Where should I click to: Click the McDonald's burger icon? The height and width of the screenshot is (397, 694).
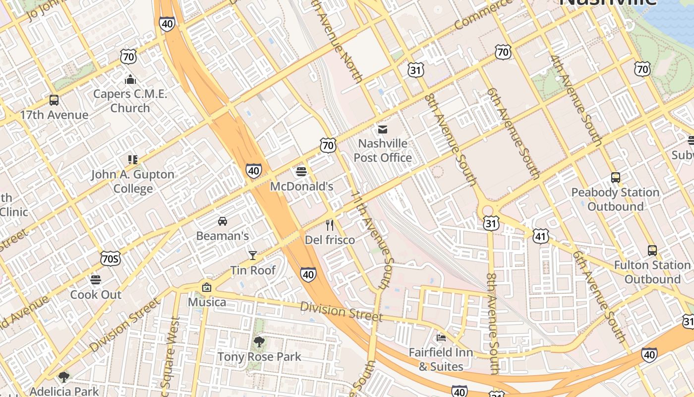tap(301, 172)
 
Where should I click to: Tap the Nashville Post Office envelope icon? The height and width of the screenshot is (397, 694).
tap(383, 130)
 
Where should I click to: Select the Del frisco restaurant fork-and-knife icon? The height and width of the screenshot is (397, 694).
tap(330, 225)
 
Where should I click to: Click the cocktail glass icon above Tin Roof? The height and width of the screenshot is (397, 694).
tap(253, 256)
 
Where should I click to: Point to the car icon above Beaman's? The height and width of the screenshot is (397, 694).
tap(223, 221)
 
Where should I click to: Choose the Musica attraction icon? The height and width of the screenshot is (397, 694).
tap(207, 287)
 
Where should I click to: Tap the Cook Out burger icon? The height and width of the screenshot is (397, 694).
tap(96, 280)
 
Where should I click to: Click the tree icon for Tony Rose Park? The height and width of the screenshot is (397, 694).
tap(259, 342)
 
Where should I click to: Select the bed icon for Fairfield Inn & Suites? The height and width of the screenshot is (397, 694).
tap(441, 338)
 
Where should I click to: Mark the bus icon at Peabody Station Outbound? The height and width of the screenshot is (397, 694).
tap(615, 178)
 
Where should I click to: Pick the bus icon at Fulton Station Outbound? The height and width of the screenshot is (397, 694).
tap(652, 251)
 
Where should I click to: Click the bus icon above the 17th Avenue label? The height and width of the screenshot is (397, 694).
tap(54, 100)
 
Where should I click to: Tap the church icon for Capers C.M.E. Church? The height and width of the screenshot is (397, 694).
tap(130, 79)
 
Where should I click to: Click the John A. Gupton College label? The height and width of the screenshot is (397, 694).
tap(133, 182)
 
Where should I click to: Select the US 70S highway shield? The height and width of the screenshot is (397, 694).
tap(110, 258)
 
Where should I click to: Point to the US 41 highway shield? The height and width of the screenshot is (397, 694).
tap(540, 236)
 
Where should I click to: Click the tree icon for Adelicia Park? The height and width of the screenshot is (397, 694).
tap(64, 377)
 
